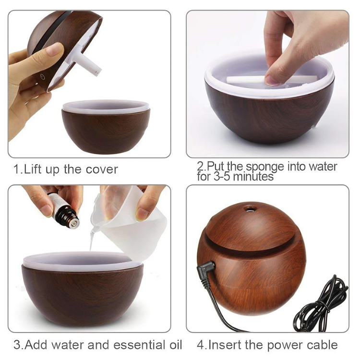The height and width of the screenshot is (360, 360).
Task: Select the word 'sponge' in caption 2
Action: [x=264, y=167]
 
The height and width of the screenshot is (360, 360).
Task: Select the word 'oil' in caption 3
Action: [x=173, y=345]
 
